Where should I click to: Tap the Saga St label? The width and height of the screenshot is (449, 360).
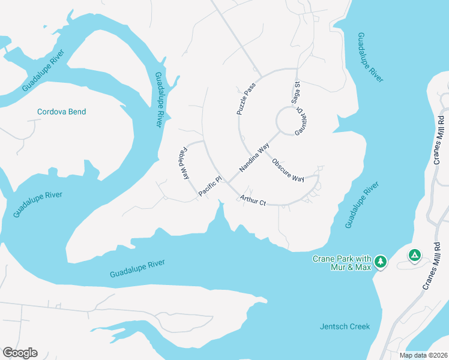pos(296,93)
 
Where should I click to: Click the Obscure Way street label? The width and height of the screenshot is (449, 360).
pos(288,170)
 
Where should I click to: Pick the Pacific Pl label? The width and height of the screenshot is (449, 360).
pos(211,186)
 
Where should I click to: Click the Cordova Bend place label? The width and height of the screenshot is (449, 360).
pos(61,112)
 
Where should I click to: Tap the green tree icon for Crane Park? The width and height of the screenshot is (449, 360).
pos(380,262)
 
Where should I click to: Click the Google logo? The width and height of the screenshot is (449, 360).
pos(20,353)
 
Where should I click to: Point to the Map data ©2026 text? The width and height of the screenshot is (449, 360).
pos(423,355)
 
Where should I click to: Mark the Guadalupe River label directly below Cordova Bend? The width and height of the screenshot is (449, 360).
pos(37,205)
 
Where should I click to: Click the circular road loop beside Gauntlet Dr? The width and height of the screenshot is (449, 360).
pos(288,121)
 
